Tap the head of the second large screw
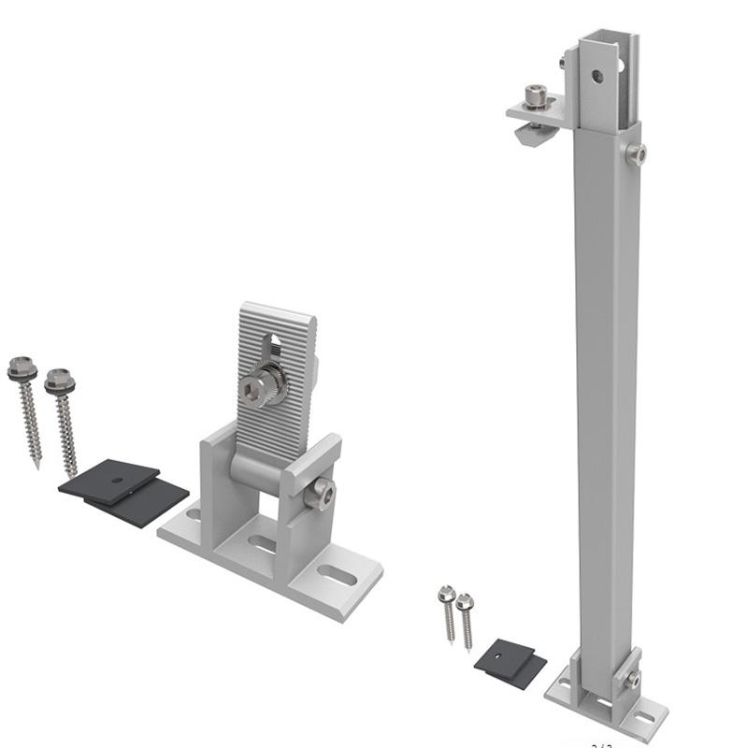click(60, 380)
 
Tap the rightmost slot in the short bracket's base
click(337, 574)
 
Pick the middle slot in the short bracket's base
click(264, 543)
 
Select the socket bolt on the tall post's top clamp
click(535, 94)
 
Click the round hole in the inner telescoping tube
click(597, 76)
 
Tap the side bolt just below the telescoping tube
click(636, 153)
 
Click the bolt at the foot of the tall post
click(633, 678)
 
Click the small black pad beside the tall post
click(510, 662)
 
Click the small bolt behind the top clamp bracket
click(563, 64)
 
